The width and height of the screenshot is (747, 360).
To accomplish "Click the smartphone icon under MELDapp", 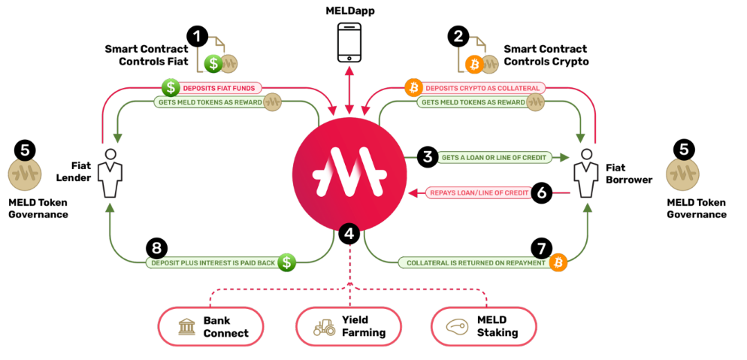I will pyautogui.click(x=349, y=43).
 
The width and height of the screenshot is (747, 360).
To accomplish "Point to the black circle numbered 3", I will pyautogui.click(x=428, y=157).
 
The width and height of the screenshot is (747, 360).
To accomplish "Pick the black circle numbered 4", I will pyautogui.click(x=348, y=234).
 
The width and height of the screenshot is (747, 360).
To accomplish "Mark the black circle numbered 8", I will pyautogui.click(x=157, y=247).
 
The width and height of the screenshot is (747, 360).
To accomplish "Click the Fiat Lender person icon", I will pyautogui.click(x=110, y=171).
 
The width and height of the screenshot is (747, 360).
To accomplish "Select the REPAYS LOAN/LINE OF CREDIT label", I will pyautogui.click(x=475, y=193).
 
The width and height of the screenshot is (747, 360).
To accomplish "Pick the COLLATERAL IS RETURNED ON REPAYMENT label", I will pyautogui.click(x=473, y=263).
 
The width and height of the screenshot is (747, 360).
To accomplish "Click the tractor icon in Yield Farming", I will pyautogui.click(x=325, y=327).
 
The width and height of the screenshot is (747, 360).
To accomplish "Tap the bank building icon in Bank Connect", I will pyautogui.click(x=187, y=327).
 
